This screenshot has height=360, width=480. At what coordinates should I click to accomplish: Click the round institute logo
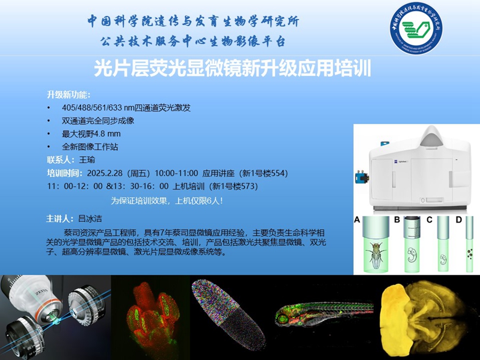click(x=417, y=28)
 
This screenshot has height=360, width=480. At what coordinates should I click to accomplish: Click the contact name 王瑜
click(x=87, y=160)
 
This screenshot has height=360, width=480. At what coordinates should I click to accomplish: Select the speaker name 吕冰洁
click(x=90, y=219)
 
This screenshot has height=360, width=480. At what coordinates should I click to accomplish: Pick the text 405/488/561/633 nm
click(x=97, y=108)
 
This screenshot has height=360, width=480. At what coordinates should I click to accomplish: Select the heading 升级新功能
click(x=67, y=94)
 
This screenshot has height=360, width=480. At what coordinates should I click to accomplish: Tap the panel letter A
click(x=357, y=220)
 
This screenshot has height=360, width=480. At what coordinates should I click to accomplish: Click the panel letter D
click(x=459, y=220)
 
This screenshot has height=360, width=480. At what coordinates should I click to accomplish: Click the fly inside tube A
click(x=376, y=255)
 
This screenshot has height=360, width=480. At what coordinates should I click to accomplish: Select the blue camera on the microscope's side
click(x=362, y=178)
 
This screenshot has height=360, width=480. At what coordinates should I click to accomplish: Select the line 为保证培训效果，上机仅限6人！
click(x=167, y=201)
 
